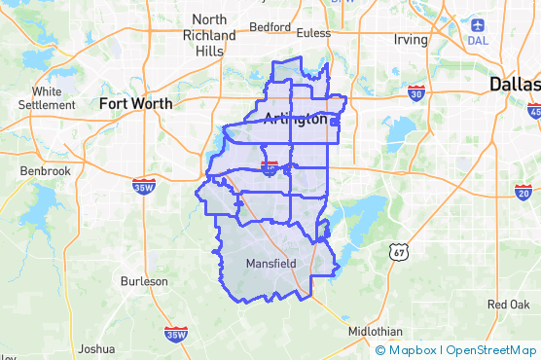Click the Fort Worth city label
click(135, 102)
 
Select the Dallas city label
click(515, 84)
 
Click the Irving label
click(411, 40)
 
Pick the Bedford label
click(270, 27)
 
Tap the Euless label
click(313, 32)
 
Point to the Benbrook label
click(46, 171)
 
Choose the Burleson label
click(144, 281)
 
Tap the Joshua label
click(95, 348)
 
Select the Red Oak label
click(509, 305)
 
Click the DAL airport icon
click(478, 24)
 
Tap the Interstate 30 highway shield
click(416, 93)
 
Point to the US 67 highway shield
click(400, 252)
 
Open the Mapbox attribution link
click(413, 350)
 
